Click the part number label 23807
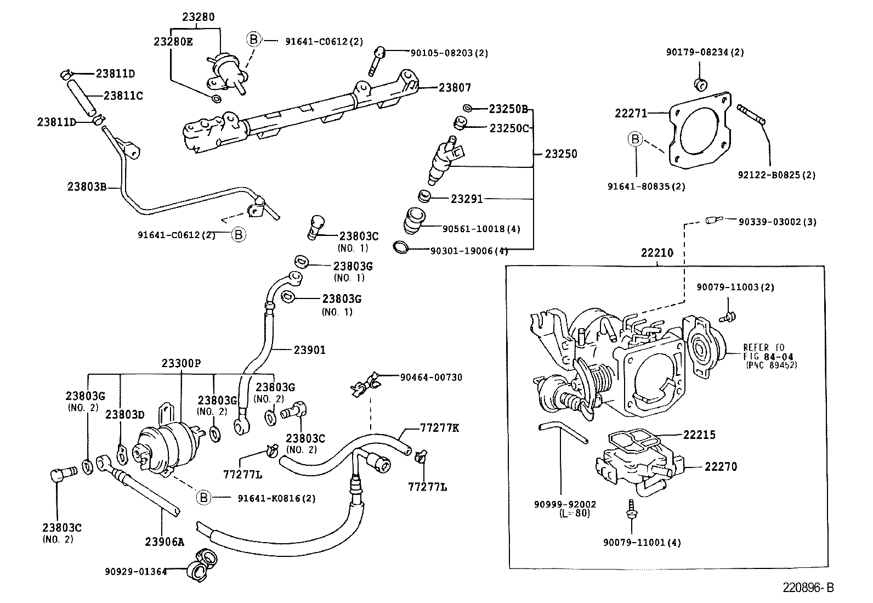[x=454, y=87]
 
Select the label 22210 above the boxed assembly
[x=656, y=253]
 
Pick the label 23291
[x=467, y=199]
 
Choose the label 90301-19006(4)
[x=469, y=251]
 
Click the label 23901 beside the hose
[x=309, y=350]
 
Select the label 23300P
[x=181, y=363]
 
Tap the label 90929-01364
[x=135, y=572]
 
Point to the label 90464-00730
[x=430, y=377]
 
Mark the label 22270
[x=721, y=466]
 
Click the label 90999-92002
[x=564, y=504]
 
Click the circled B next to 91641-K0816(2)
[x=203, y=498]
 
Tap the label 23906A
[x=164, y=542]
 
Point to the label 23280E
[x=173, y=41]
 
